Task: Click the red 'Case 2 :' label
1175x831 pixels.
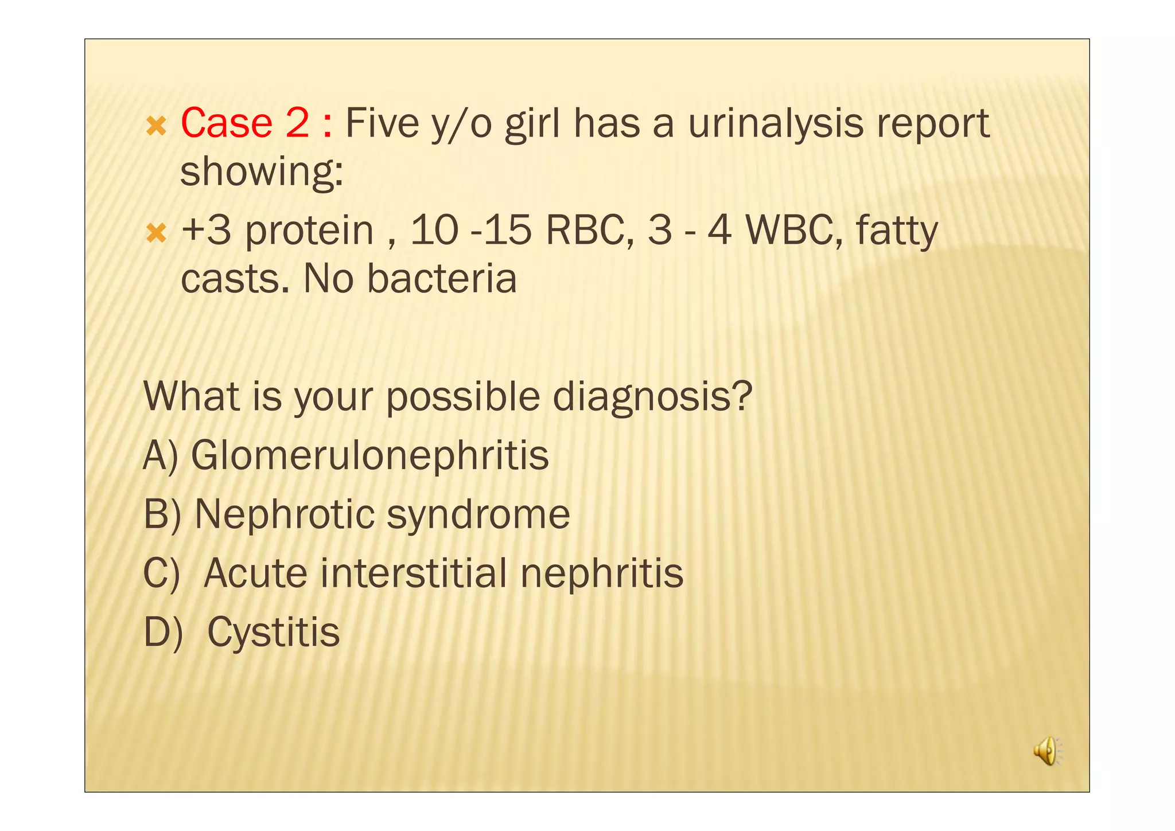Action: (256, 123)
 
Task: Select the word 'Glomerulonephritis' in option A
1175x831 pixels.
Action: (369, 455)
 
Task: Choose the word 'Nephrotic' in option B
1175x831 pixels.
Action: (285, 514)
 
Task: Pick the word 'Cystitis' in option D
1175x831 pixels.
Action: (273, 632)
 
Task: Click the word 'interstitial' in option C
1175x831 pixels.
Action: (413, 573)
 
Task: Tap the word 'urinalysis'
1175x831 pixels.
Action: (775, 124)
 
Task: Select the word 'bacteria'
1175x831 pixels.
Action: (441, 279)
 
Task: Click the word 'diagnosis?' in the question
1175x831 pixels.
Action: (652, 397)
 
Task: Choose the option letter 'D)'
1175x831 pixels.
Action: (163, 632)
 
